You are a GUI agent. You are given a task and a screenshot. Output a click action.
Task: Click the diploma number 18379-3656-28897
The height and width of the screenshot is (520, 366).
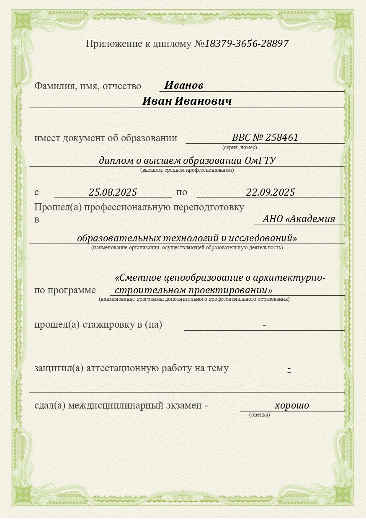(247, 44)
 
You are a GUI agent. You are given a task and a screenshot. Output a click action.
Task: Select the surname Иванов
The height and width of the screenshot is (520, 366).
(183, 85)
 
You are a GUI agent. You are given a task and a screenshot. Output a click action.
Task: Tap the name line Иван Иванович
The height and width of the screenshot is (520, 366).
(187, 101)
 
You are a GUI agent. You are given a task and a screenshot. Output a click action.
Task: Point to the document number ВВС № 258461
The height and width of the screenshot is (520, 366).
(265, 137)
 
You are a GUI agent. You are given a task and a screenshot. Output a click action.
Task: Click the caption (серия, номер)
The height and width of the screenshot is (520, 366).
(240, 147)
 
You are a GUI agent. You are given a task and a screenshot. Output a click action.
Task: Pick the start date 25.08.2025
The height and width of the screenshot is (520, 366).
(113, 192)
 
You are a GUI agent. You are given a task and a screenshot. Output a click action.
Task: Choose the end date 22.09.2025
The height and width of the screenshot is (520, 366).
(271, 192)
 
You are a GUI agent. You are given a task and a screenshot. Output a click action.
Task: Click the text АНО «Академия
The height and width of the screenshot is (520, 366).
(299, 219)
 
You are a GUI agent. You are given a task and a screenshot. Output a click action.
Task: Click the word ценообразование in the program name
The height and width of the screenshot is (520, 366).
(187, 277)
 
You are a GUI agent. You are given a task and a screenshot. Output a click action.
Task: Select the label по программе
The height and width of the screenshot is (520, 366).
(65, 290)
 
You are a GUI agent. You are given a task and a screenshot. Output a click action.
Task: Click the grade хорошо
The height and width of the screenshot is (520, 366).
(292, 405)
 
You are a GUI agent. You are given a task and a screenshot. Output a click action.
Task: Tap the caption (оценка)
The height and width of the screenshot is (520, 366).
(259, 415)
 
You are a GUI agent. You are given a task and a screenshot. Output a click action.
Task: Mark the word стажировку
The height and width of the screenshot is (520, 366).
(107, 325)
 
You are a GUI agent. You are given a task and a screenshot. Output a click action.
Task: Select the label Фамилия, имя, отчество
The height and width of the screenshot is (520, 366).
(88, 86)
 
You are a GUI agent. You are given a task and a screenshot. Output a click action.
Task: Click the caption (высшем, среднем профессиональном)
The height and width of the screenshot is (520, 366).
(187, 170)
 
